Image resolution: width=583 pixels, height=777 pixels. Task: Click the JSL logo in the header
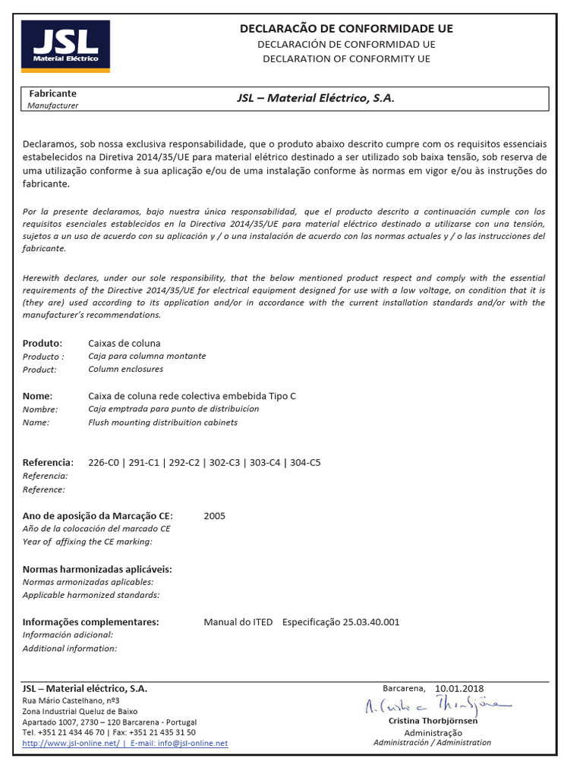coord(65,46)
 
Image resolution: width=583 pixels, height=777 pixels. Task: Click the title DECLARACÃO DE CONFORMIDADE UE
coord(346,28)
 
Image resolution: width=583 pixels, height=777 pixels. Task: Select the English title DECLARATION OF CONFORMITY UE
coord(346,58)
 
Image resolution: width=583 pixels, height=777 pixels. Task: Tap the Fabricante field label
coord(52,93)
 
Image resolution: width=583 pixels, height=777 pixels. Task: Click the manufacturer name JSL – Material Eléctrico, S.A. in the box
coord(316,99)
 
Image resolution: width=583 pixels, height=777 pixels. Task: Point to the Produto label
coord(42,343)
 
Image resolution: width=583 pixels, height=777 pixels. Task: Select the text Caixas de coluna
coord(124,343)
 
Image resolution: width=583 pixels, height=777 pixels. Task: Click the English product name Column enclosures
coord(125,369)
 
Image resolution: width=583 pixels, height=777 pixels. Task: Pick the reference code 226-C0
coord(104,462)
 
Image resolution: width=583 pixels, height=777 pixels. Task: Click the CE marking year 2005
coord(214,516)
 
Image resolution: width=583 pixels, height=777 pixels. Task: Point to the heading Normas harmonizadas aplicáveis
coord(97,569)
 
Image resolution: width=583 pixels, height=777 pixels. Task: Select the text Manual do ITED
coord(238,622)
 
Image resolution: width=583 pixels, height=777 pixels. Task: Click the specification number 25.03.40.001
coord(370,622)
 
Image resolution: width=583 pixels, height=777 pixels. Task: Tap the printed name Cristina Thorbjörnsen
coord(433,721)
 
